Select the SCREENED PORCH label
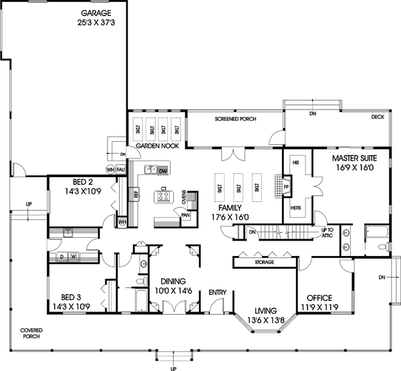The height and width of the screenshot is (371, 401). point(235,119)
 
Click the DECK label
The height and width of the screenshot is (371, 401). point(378,116)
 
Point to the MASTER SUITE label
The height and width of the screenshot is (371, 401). point(354,158)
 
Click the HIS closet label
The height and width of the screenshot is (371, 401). point(295,162)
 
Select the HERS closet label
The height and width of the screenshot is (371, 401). point(295,208)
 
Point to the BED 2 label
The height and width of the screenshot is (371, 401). point(84,181)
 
